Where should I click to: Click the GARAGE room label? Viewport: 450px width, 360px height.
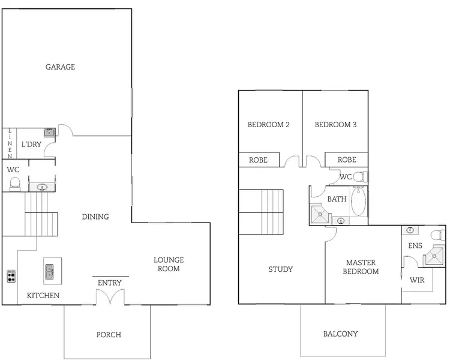click(x=61, y=67)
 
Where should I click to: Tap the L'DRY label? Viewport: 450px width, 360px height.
click(x=30, y=145)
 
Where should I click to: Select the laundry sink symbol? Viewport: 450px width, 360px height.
click(x=49, y=133)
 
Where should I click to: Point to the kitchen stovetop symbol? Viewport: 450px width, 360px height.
click(x=11, y=277)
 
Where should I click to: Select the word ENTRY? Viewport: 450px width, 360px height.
click(x=109, y=283)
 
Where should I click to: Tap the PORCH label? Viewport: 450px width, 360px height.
click(x=109, y=334)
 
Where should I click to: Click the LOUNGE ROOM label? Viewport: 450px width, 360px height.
click(x=169, y=264)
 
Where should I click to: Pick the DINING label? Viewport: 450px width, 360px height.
click(x=95, y=217)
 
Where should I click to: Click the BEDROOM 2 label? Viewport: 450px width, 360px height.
click(x=269, y=125)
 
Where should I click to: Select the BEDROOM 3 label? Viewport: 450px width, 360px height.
click(x=336, y=125)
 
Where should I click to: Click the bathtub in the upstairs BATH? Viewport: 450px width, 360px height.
click(x=358, y=202)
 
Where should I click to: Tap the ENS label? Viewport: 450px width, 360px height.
click(x=415, y=246)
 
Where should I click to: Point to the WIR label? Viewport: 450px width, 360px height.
click(x=417, y=280)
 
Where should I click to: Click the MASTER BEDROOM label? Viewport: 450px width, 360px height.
click(x=361, y=267)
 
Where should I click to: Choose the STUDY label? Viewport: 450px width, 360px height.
click(x=280, y=269)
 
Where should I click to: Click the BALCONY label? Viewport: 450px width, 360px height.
click(x=340, y=334)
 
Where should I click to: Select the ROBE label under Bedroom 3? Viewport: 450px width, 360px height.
click(x=347, y=160)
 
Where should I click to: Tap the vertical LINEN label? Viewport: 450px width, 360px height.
click(x=10, y=144)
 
